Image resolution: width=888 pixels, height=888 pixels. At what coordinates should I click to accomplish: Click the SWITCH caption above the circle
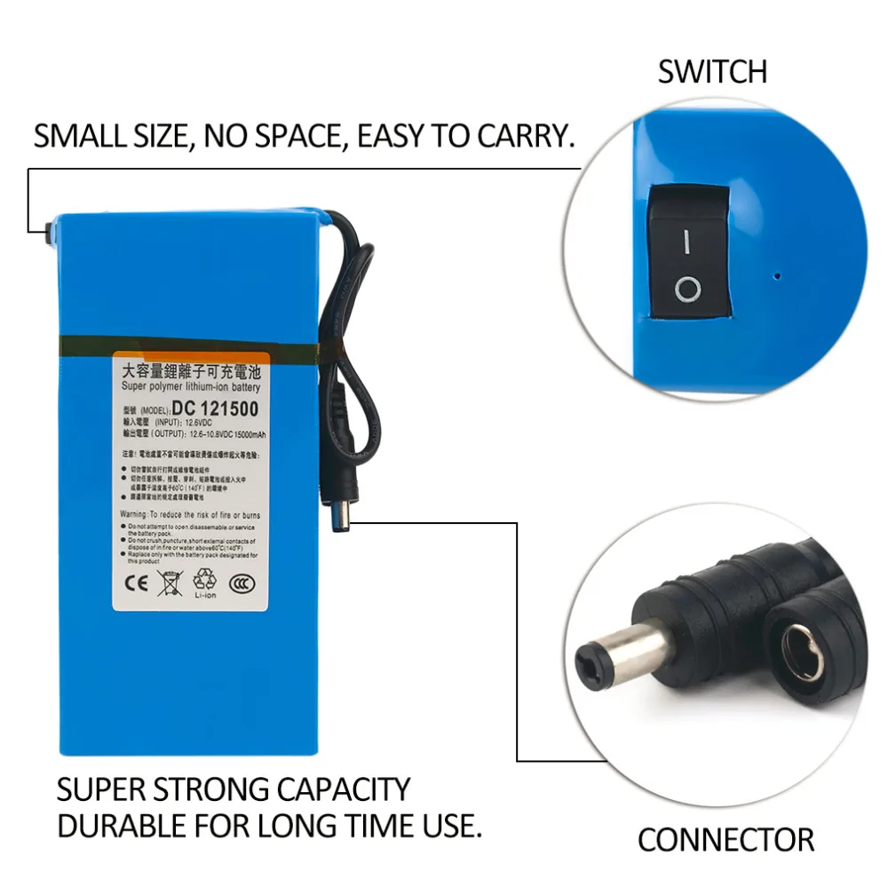[712, 72]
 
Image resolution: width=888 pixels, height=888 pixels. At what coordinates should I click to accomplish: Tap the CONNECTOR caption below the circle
[725, 838]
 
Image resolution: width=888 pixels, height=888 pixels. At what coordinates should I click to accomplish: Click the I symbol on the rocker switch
[686, 241]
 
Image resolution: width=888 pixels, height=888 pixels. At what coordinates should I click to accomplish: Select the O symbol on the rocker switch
[687, 289]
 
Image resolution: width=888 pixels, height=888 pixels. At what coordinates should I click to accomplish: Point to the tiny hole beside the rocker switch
[778, 275]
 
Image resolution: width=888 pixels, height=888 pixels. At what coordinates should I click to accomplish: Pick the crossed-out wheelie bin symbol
[168, 583]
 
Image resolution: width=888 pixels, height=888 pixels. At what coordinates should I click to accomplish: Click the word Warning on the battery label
[135, 515]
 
